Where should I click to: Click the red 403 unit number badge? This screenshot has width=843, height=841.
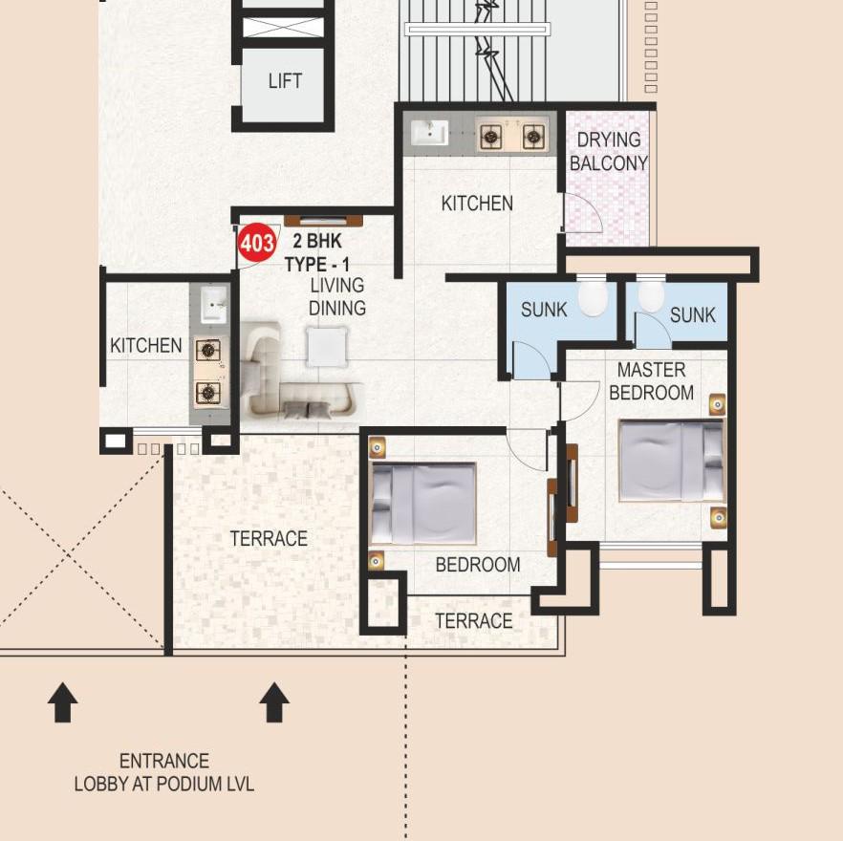tap(257, 244)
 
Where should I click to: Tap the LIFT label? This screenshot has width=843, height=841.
tap(285, 81)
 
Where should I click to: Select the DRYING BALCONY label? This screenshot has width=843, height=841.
tap(609, 151)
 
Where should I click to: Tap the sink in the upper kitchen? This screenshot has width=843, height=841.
tap(429, 134)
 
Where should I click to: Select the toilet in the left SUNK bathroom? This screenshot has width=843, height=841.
tap(593, 296)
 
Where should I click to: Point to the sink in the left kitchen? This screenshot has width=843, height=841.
tap(213, 305)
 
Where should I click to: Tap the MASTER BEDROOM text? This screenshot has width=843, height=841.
tap(651, 381)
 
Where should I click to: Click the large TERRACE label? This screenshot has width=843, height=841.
tap(269, 539)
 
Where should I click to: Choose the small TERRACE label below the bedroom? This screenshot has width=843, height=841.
tap(474, 621)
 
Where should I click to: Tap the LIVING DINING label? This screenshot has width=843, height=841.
tap(336, 296)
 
